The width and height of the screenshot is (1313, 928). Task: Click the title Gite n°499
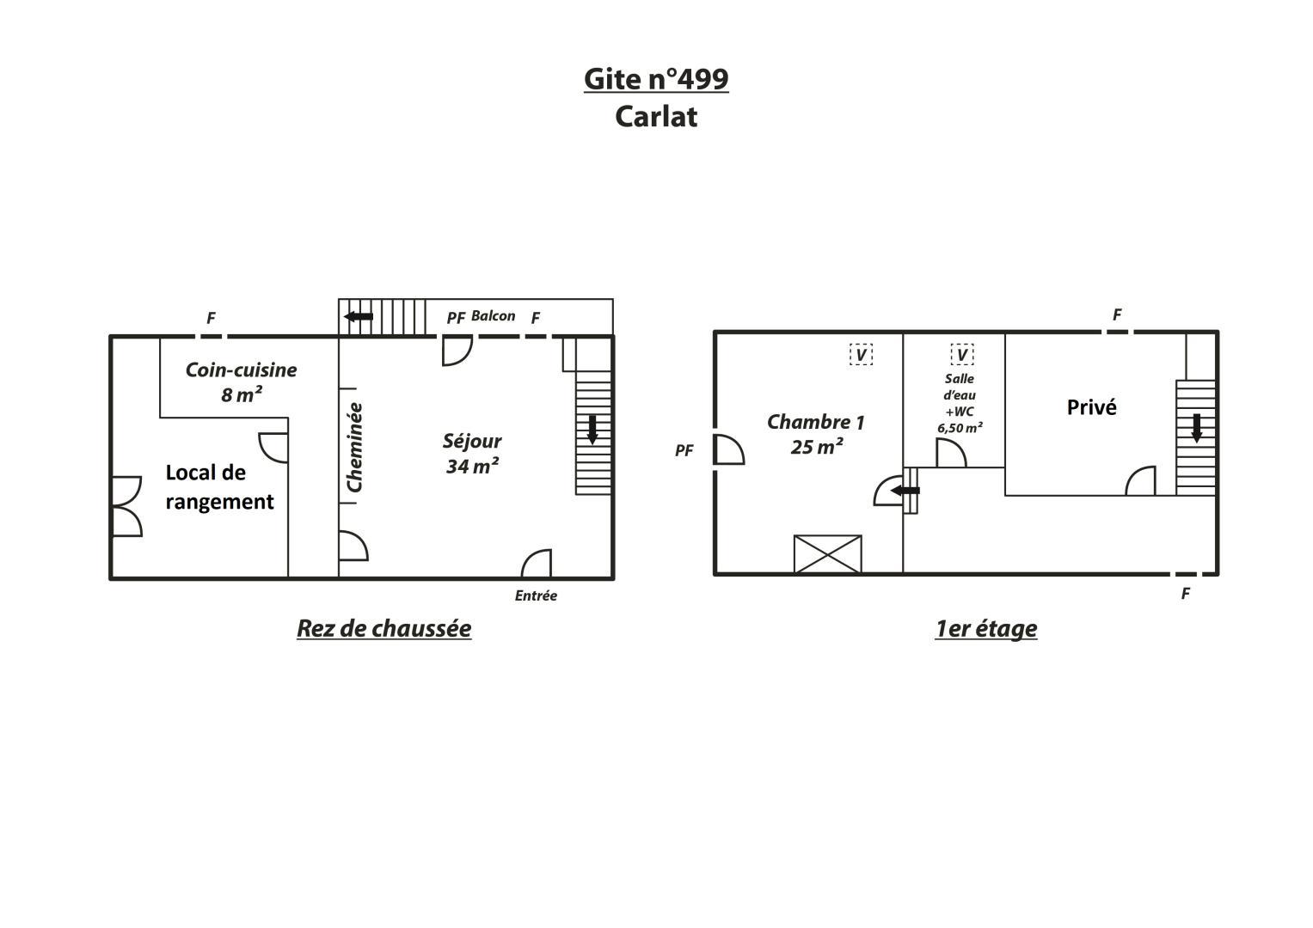pos(656,79)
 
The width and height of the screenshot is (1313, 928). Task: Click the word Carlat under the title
pos(656,117)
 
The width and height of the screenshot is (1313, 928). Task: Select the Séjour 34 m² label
pos(472,454)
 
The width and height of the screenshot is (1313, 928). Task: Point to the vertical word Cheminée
pos(354,448)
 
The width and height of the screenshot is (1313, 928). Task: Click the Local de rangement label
pos(219,487)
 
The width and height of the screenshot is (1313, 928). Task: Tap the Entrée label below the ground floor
pos(536,595)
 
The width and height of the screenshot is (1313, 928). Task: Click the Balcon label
pos(493,316)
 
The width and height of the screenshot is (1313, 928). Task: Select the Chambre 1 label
pos(816,434)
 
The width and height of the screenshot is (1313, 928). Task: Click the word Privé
pos(1091,407)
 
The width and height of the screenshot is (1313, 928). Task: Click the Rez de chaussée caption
pos(384,629)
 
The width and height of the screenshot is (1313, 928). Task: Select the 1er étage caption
pos(986,629)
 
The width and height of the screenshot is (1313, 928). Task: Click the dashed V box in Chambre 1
pos(861,354)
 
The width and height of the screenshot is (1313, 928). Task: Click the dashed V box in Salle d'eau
pos(962,354)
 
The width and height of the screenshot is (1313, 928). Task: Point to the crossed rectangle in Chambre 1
pos(828,553)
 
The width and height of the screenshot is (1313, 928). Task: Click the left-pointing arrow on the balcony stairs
pos(359,316)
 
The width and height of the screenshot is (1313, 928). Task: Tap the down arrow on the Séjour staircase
pos(592,430)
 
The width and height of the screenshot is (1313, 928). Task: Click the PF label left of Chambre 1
pos(684,450)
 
